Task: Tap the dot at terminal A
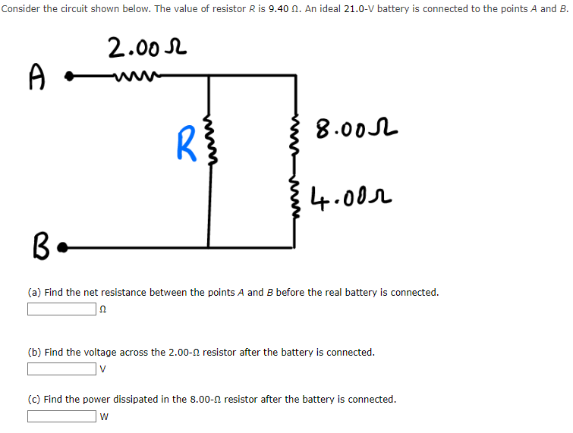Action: pos(69,76)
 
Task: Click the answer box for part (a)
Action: pos(61,309)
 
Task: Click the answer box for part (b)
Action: pos(61,369)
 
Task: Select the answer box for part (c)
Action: pos(61,416)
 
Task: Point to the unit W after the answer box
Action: pos(105,416)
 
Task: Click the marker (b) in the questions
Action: pos(35,353)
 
